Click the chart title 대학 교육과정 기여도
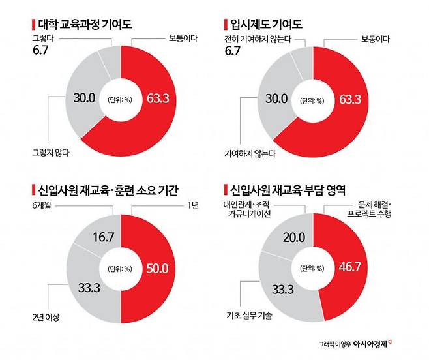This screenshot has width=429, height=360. click(83, 26)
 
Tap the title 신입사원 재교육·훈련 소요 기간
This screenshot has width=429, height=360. click(109, 191)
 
